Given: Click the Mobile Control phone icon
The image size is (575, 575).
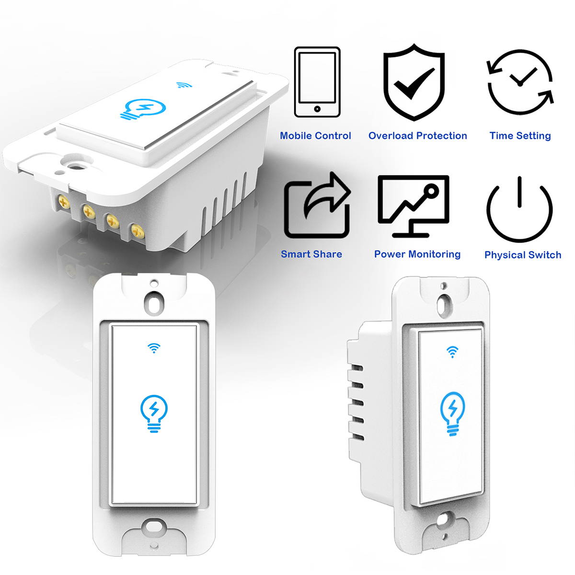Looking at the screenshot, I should [317, 82].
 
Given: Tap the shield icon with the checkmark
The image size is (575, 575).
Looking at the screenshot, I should [414, 82].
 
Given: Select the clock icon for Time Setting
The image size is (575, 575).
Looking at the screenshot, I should [520, 82].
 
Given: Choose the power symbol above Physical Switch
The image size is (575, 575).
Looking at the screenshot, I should [519, 208].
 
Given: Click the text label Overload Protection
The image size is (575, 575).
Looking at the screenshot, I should [417, 136].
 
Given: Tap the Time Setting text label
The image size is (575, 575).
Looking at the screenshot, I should [520, 136].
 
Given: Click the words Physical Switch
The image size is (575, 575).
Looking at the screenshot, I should [522, 255].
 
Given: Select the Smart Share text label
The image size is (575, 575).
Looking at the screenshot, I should [311, 254].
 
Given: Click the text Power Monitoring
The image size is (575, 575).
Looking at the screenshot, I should [417, 254].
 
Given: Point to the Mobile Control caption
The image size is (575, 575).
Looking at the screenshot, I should [315, 136].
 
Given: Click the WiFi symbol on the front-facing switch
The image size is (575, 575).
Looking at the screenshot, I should [154, 348].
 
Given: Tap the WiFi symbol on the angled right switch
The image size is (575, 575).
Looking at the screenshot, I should [452, 352].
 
